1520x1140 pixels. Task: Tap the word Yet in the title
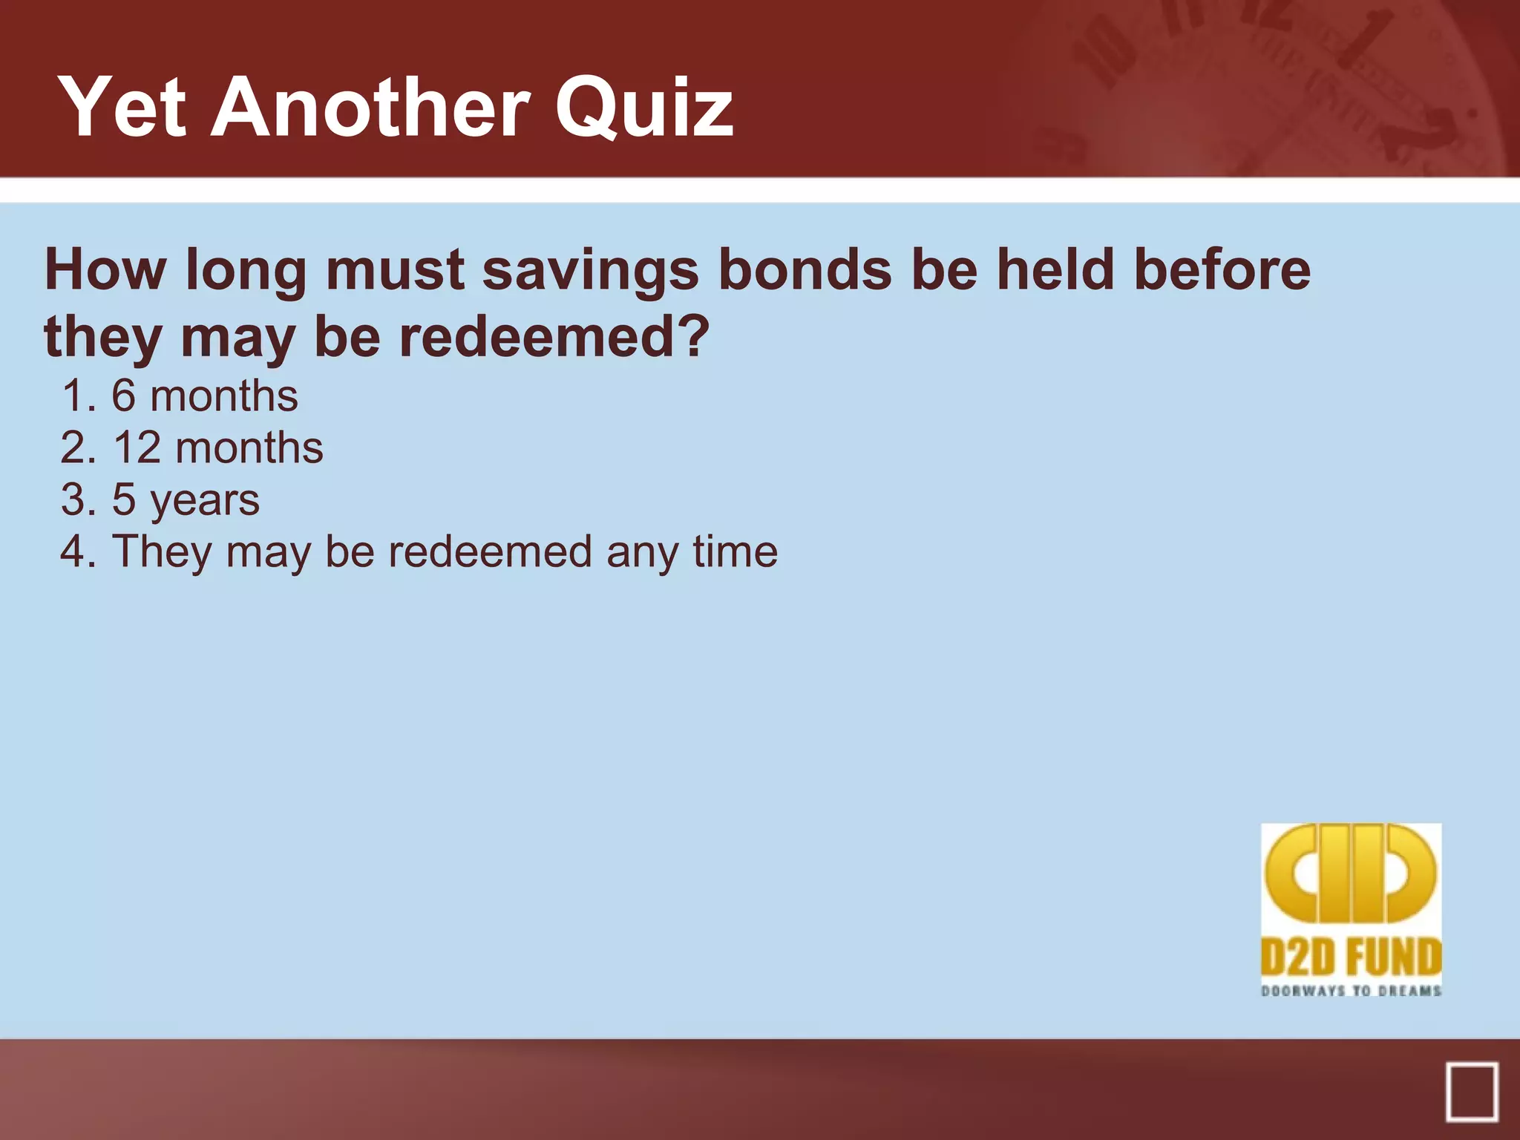tap(122, 108)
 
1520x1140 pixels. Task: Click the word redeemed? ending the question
tap(554, 337)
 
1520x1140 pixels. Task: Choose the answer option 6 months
tap(204, 396)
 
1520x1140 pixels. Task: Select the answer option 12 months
tap(217, 448)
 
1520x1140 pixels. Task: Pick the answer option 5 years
tap(186, 499)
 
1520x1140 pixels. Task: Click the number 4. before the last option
tap(79, 551)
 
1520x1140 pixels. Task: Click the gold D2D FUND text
tap(1351, 957)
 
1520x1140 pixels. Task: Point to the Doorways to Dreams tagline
tap(1351, 991)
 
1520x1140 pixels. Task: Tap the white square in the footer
tap(1471, 1092)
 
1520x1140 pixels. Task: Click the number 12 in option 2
tap(137, 448)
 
